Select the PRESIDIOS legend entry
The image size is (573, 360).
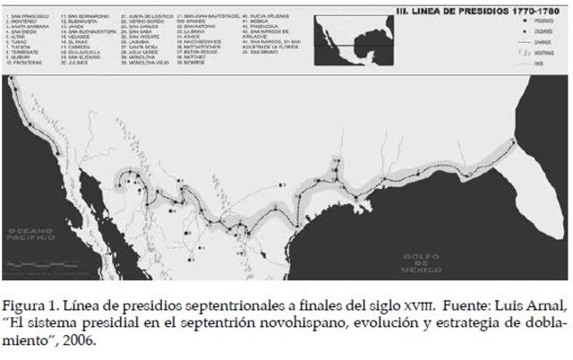[x=536, y=19]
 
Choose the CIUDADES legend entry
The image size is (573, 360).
[x=536, y=30]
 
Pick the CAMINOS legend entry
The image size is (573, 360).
[x=536, y=42]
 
